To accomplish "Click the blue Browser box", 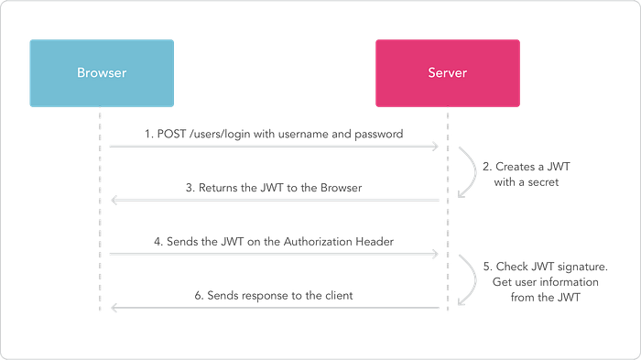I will (101, 72).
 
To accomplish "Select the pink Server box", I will (447, 72).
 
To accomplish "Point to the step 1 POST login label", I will (275, 134).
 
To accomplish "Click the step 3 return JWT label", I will (275, 188).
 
